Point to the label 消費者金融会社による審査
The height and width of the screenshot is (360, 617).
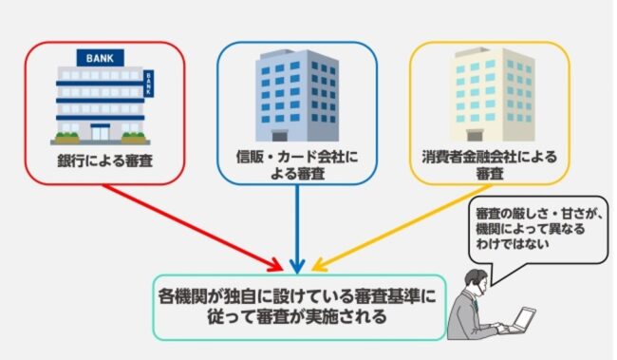tap(490, 163)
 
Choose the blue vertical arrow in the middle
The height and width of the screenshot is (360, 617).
tap(298, 228)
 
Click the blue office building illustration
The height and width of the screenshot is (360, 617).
tap(296, 91)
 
